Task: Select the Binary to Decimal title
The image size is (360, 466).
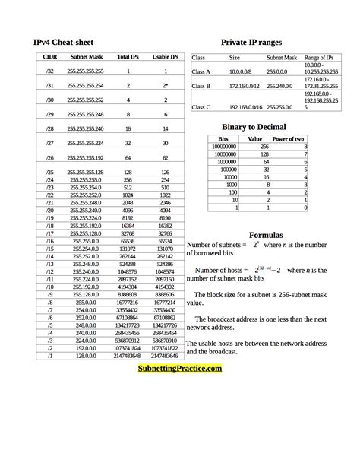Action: [254, 127]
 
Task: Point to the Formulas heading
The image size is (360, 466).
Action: [266, 234]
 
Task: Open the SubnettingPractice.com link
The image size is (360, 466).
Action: [180, 368]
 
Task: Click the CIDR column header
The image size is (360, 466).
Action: [50, 57]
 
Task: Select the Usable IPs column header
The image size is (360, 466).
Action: [166, 57]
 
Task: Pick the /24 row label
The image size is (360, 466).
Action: [50, 180]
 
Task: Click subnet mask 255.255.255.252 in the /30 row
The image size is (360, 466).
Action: [85, 100]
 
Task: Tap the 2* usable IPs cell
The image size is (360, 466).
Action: [166, 86]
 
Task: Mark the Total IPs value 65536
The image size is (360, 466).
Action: [128, 240]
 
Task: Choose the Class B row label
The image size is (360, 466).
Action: [201, 87]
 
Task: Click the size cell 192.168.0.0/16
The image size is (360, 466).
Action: [245, 108]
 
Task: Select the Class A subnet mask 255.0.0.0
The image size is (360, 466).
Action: [279, 71]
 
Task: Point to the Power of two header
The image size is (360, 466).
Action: [289, 139]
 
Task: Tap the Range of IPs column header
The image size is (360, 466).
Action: [319, 58]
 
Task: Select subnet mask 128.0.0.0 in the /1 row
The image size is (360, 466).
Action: [85, 355]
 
